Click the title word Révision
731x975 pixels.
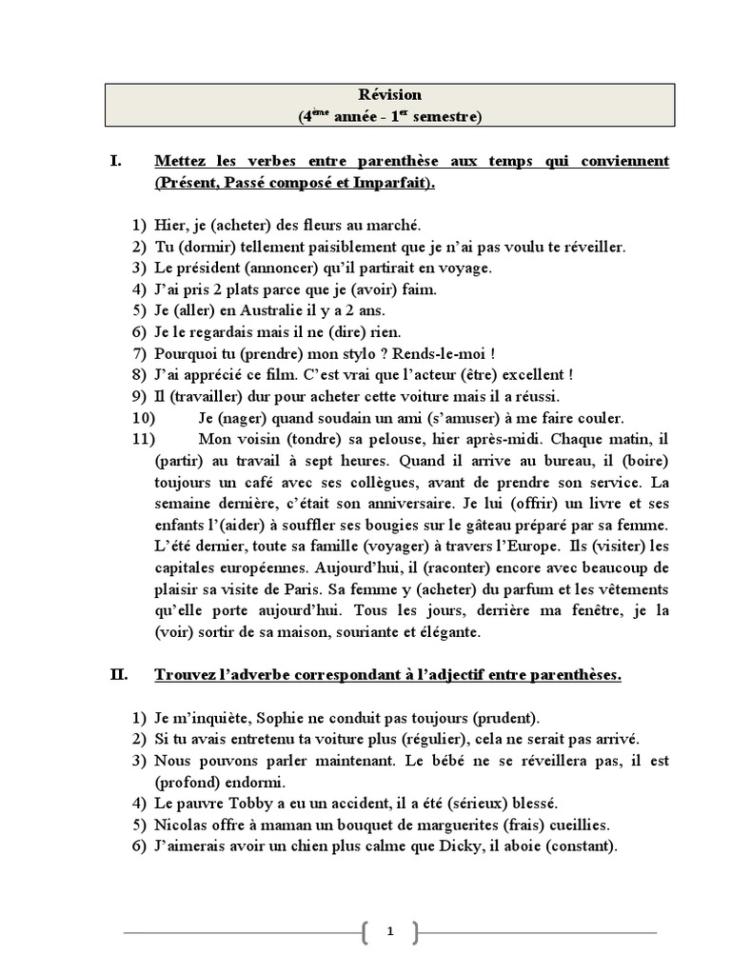coord(389,95)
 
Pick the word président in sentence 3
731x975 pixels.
coord(208,268)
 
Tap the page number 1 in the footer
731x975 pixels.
coord(389,932)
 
